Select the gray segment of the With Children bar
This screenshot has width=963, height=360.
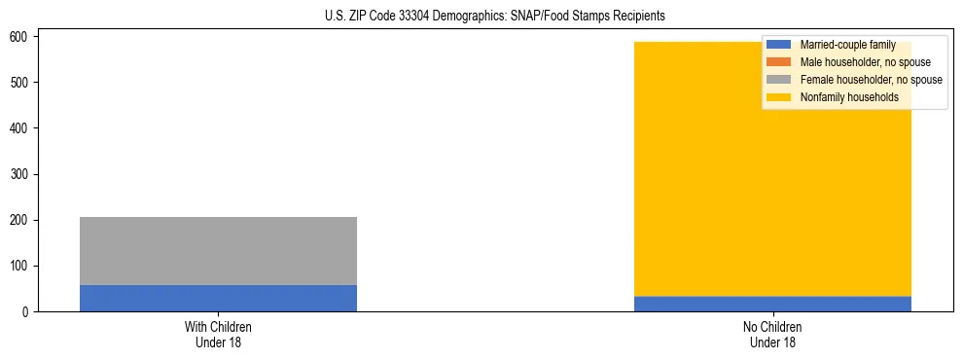[218, 251]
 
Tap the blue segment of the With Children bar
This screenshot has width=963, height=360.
[218, 299]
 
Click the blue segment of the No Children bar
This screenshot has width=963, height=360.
[772, 304]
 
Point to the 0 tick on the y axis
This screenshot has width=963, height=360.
[26, 312]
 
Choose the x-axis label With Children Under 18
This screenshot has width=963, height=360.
[218, 334]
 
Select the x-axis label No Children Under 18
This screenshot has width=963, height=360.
[772, 334]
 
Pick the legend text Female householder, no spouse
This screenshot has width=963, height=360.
[871, 80]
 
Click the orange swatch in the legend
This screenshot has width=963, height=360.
[779, 62]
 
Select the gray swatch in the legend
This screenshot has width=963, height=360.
[779, 80]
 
